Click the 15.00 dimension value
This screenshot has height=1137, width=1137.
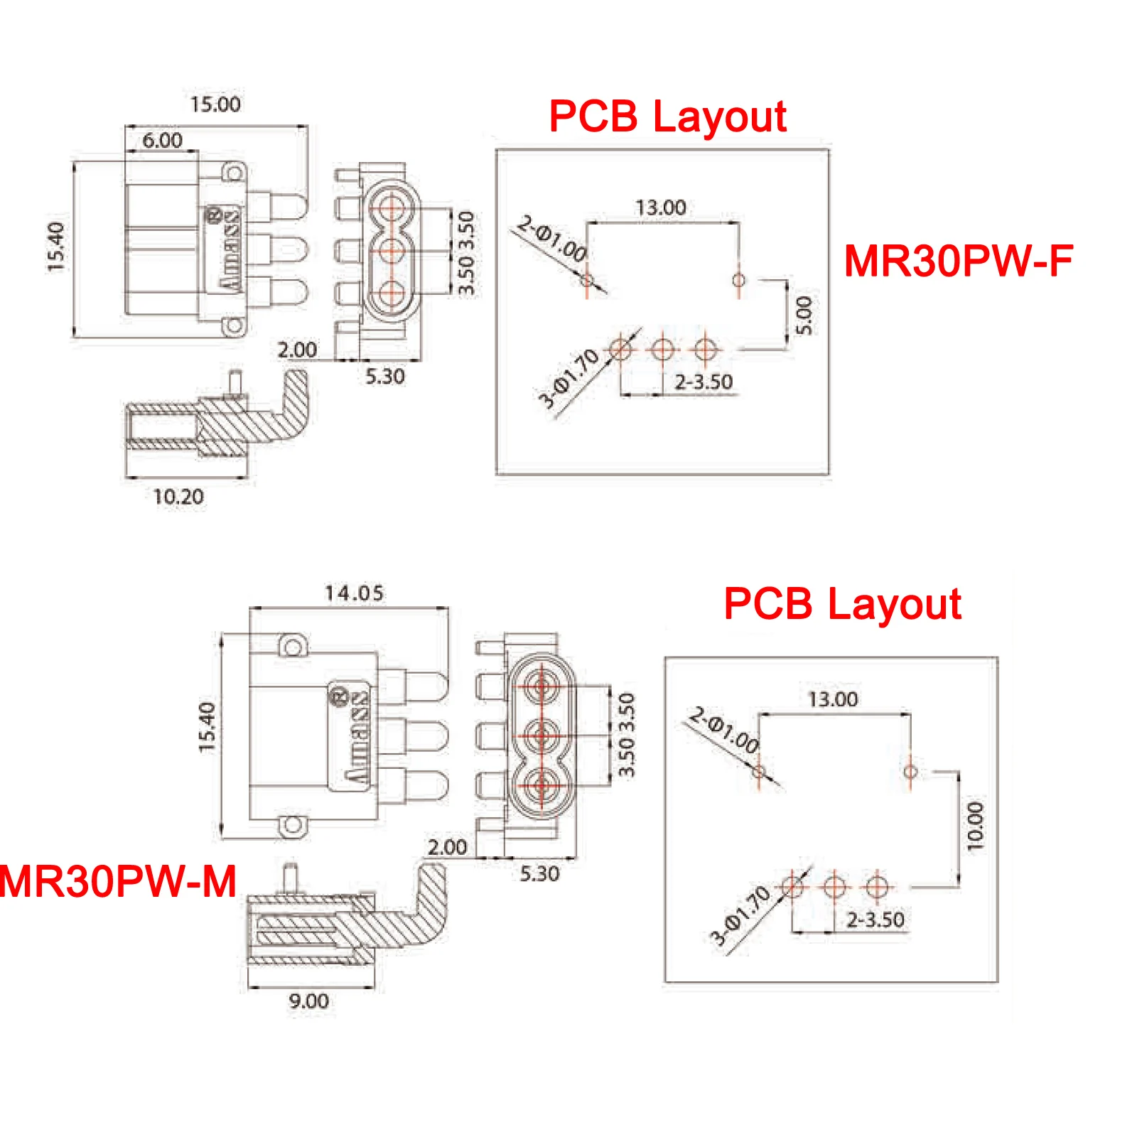click(215, 104)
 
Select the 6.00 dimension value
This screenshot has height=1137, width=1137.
click(162, 140)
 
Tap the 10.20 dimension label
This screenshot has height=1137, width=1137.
click(178, 496)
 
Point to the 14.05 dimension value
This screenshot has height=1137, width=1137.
click(354, 593)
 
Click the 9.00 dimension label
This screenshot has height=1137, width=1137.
click(308, 1001)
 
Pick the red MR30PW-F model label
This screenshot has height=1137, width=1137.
click(958, 261)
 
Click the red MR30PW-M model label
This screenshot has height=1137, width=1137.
click(118, 881)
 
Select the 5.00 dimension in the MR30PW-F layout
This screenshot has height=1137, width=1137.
click(803, 316)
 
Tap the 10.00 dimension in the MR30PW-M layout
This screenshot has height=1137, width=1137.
click(975, 826)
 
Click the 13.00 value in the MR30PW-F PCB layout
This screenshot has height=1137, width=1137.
click(661, 208)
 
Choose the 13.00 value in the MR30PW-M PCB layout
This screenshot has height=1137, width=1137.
click(833, 699)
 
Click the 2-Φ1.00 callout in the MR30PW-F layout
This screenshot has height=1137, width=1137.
click(552, 238)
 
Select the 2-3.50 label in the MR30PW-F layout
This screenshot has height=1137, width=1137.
click(704, 382)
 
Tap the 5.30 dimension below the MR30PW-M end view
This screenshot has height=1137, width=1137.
click(539, 873)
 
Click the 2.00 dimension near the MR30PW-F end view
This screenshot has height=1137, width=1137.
click(297, 350)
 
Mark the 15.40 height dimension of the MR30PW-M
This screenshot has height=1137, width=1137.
click(206, 727)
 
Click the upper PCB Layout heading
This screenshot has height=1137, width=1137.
click(667, 116)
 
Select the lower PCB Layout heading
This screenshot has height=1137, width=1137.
click(842, 604)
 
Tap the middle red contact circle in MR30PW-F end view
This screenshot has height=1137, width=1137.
click(392, 251)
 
